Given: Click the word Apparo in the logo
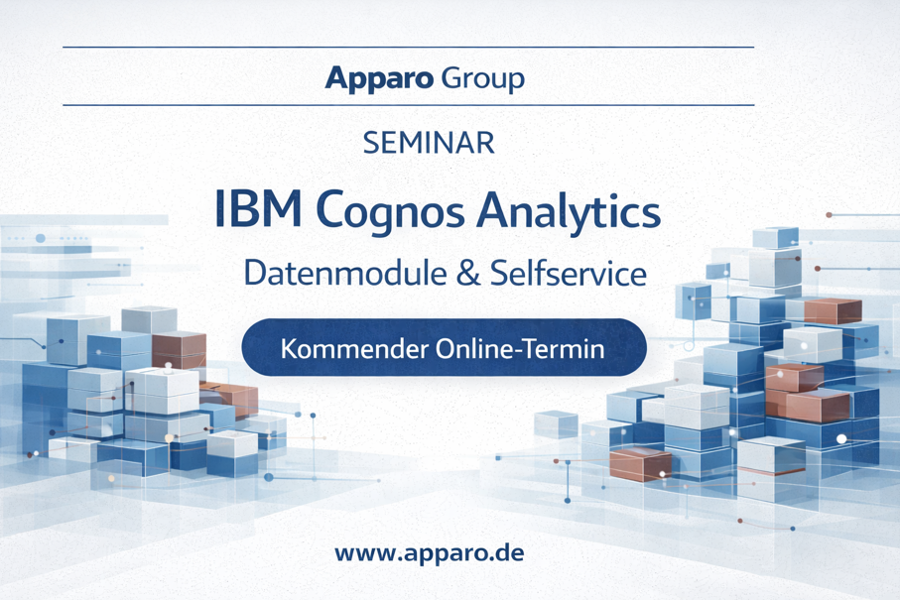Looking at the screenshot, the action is click(x=379, y=79).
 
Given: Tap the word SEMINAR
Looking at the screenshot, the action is click(x=429, y=143).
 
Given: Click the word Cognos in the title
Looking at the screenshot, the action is click(x=390, y=212).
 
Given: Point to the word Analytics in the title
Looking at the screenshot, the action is click(x=569, y=211).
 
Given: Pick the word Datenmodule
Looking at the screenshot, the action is click(x=345, y=273).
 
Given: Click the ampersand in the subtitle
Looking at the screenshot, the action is click(x=468, y=273).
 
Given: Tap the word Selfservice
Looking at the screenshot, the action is click(x=569, y=273).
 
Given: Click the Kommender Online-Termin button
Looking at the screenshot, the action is click(x=445, y=348).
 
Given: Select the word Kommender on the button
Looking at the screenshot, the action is click(x=354, y=349).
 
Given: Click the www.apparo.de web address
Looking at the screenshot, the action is click(x=430, y=553).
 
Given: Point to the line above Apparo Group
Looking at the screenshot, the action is click(x=408, y=47).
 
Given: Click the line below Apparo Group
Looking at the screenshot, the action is click(x=408, y=105).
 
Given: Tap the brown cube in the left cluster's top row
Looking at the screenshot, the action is click(x=179, y=349).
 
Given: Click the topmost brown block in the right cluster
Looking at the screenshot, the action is click(x=833, y=310).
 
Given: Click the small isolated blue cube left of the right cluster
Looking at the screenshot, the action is click(x=557, y=424).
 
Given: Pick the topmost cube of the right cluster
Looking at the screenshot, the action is click(x=775, y=237).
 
